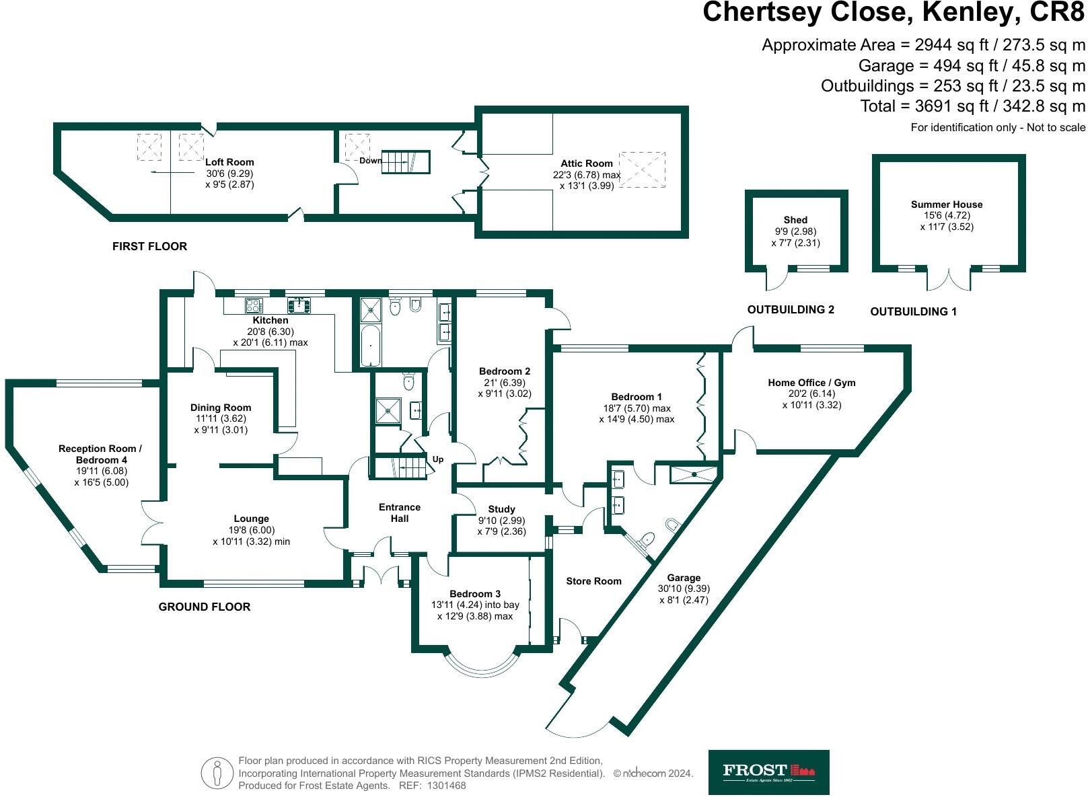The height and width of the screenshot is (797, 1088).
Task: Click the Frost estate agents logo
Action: coord(768,772)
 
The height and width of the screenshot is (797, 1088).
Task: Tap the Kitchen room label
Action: coord(270,320)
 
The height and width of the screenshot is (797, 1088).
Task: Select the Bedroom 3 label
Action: coord(475,594)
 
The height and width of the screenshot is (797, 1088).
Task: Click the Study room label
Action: coord(501,509)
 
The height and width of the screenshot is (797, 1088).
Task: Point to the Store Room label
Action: coord(593,581)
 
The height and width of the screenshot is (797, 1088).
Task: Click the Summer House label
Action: coord(947,204)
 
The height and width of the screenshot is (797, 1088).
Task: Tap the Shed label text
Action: coord(795,220)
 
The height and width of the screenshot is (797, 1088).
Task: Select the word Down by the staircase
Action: coord(370,161)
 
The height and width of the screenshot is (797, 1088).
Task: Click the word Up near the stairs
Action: coord(438,459)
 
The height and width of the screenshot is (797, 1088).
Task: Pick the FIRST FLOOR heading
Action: coord(149,246)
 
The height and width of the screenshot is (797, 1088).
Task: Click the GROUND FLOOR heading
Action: coord(205,607)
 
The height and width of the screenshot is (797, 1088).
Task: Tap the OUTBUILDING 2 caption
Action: coord(791,309)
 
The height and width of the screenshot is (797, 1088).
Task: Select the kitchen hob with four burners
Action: coord(254,305)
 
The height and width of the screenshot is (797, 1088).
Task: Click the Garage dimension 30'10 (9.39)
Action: coord(684,589)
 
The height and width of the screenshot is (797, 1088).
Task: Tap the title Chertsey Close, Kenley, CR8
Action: coord(894,13)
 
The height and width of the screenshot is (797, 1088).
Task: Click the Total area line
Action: coord(973,106)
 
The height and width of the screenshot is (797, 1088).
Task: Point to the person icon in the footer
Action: coord(216,773)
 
